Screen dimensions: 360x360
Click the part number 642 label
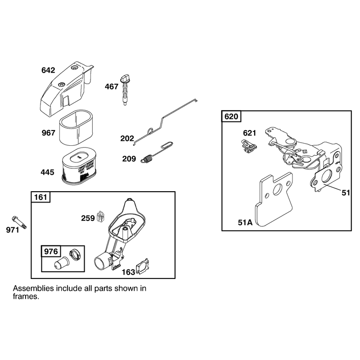point(48,70)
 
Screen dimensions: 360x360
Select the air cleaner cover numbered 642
point(67,87)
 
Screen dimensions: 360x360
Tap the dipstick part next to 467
point(125,90)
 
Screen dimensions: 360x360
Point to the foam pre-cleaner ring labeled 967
point(76,127)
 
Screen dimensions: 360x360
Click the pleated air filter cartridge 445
point(79,166)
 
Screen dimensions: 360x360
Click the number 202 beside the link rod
point(127,138)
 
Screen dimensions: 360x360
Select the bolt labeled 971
point(19,222)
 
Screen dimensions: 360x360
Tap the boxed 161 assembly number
point(40,197)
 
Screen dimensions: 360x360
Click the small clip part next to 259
point(101,216)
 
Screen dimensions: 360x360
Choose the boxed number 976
point(51,251)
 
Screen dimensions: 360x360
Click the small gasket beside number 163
point(142,266)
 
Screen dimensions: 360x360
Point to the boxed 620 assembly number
point(231,117)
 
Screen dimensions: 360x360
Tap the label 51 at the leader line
point(346,193)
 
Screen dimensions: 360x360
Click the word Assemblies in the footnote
point(33,288)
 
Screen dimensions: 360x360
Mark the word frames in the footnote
point(26,297)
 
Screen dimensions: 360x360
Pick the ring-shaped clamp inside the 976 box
point(76,255)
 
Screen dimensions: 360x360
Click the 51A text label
point(245,222)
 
